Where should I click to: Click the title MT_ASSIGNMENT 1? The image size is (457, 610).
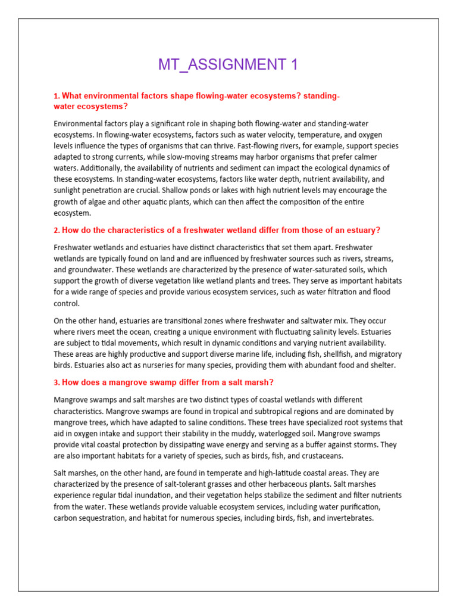pos(228,65)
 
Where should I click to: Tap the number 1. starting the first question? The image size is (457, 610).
pos(57,97)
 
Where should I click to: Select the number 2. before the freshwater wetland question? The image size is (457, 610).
pos(57,230)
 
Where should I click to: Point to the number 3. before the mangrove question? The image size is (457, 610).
pos(57,382)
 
